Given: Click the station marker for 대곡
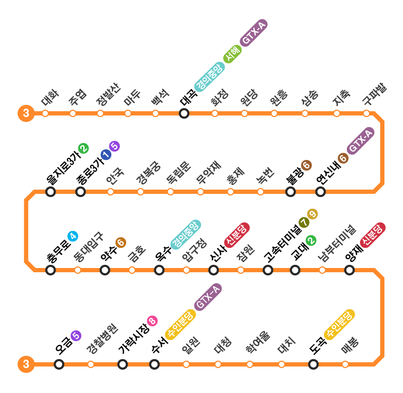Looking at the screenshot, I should pyautogui.click(x=184, y=113).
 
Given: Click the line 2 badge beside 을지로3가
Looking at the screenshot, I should pyautogui.click(x=83, y=148).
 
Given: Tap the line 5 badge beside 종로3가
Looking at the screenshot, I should pyautogui.click(x=115, y=147).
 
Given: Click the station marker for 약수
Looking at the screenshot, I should pyautogui.click(x=105, y=270).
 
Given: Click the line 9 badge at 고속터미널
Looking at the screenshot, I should pyautogui.click(x=312, y=215).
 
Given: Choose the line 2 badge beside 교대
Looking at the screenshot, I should pyautogui.click(x=311, y=240).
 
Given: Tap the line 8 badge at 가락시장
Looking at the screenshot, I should pyautogui.click(x=153, y=320).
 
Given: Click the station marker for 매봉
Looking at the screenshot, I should pyautogui.click(x=345, y=364).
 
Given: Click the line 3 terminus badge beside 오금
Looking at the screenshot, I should pyautogui.click(x=25, y=364).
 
